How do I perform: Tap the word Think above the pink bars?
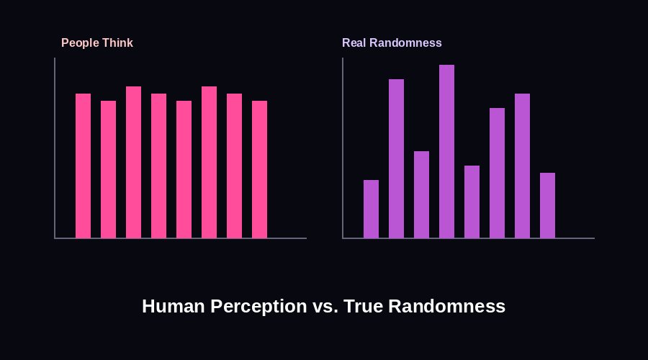click(117, 43)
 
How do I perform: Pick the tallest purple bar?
click(446, 151)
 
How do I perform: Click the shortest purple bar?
click(371, 209)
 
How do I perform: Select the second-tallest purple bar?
click(396, 158)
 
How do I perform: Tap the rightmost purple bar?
click(547, 205)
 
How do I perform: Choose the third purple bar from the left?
click(421, 194)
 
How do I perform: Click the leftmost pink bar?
click(83, 166)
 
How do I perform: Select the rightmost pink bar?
click(259, 169)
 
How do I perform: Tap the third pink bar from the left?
click(133, 162)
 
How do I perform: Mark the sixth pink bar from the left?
click(209, 162)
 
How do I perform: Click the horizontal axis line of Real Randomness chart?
click(468, 238)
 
